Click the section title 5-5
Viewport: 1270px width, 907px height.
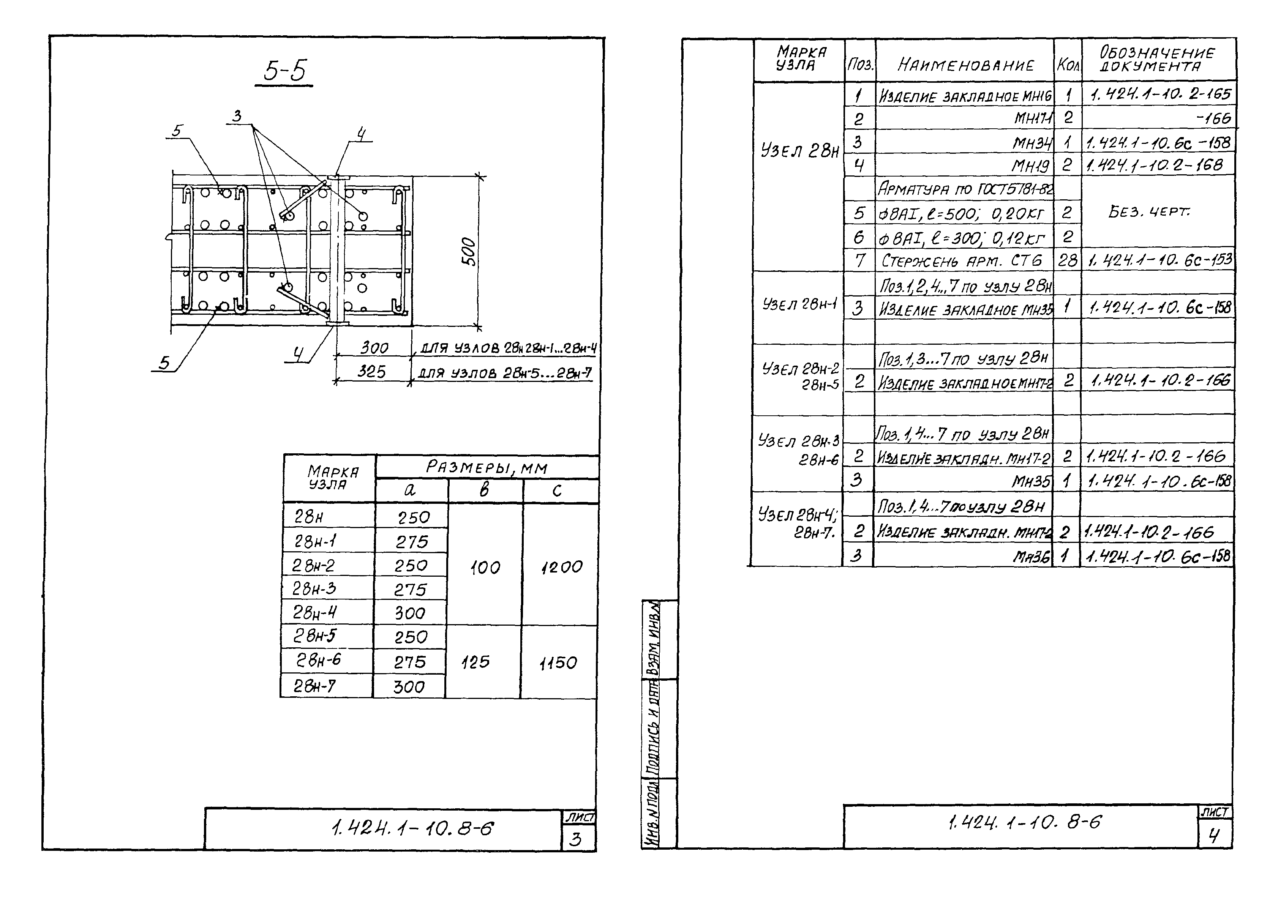285,71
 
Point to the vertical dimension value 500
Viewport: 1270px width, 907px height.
469,252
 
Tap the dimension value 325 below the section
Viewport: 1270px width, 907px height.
371,371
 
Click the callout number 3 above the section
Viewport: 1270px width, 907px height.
237,116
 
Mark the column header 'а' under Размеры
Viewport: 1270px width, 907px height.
410,490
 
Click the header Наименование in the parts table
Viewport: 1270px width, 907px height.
965,65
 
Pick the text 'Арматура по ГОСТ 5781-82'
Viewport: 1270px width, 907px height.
965,189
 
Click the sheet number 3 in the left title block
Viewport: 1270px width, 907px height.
575,839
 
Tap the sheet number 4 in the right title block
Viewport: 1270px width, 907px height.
1213,836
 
